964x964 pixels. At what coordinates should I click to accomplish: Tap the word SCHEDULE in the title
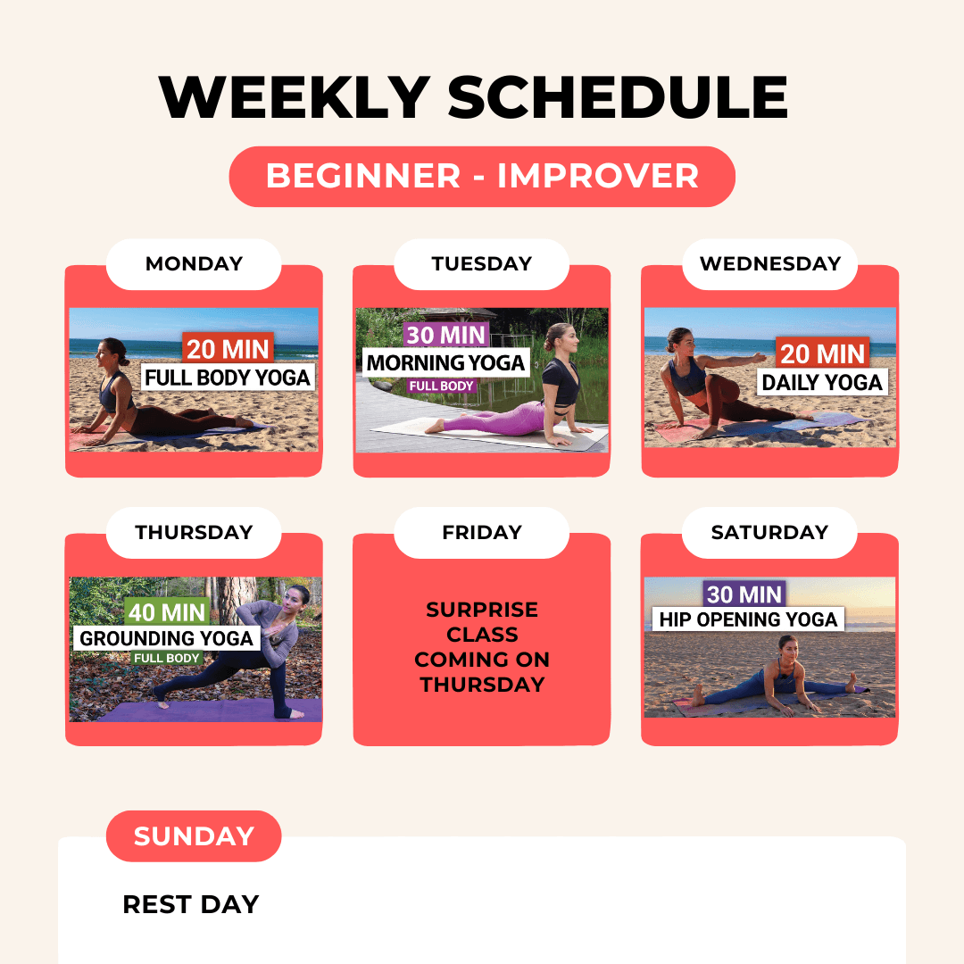pos(618,97)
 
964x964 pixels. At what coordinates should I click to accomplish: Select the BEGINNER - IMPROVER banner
pos(482,177)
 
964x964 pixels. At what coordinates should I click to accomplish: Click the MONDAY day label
pos(194,263)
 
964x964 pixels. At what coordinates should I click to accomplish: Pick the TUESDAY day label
pos(481,263)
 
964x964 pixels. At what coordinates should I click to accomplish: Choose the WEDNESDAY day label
pos(769,263)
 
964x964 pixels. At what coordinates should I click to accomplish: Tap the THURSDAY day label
pos(194,532)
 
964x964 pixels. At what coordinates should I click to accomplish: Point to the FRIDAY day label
pos(481,532)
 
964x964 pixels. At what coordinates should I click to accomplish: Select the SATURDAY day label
pos(769,532)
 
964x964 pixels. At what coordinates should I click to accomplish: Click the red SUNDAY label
pos(194,836)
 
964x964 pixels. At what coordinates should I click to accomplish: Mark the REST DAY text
pos(191,904)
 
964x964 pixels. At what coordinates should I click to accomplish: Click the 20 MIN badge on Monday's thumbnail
pos(229,349)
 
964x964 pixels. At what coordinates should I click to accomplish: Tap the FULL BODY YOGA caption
pos(228,378)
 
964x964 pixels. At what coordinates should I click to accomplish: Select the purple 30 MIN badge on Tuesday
pos(445,335)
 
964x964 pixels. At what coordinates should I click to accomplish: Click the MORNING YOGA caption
pos(445,362)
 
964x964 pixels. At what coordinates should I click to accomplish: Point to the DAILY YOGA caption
pos(822,382)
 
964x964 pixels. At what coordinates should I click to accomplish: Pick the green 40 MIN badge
pos(167,612)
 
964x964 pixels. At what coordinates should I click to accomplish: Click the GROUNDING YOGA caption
pos(167,638)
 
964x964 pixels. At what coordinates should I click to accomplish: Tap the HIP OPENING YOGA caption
pos(748,619)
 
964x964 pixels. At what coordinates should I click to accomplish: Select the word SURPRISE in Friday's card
pos(482,610)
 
